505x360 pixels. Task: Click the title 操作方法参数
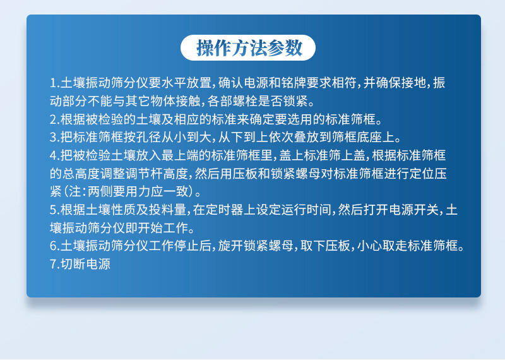pos(249,48)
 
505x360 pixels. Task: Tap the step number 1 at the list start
pos(53,83)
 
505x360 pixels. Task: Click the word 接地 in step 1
pos(413,83)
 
